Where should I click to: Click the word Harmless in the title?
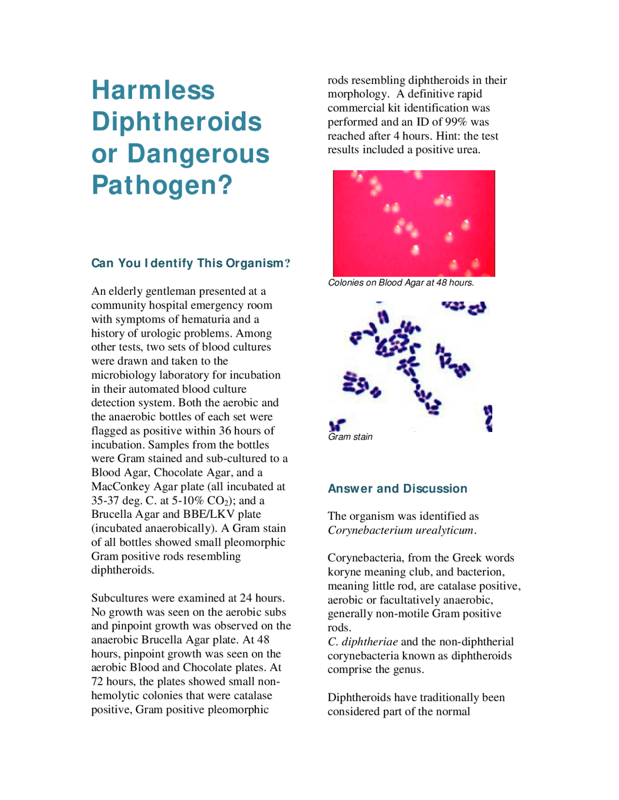pyautogui.click(x=153, y=90)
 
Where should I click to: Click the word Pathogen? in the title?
pyautogui.click(x=162, y=185)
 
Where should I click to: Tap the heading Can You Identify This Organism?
pyautogui.click(x=191, y=263)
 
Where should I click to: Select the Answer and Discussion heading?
pyautogui.click(x=398, y=488)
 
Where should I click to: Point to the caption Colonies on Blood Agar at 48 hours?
pyautogui.click(x=401, y=283)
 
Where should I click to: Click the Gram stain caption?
pyautogui.click(x=350, y=437)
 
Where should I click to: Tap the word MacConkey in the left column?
pyautogui.click(x=120, y=486)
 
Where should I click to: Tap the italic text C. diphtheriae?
pyautogui.click(x=363, y=642)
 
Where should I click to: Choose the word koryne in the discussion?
pyautogui.click(x=344, y=572)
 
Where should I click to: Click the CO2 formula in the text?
pyautogui.click(x=215, y=500)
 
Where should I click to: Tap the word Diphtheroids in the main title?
pyautogui.click(x=177, y=122)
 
